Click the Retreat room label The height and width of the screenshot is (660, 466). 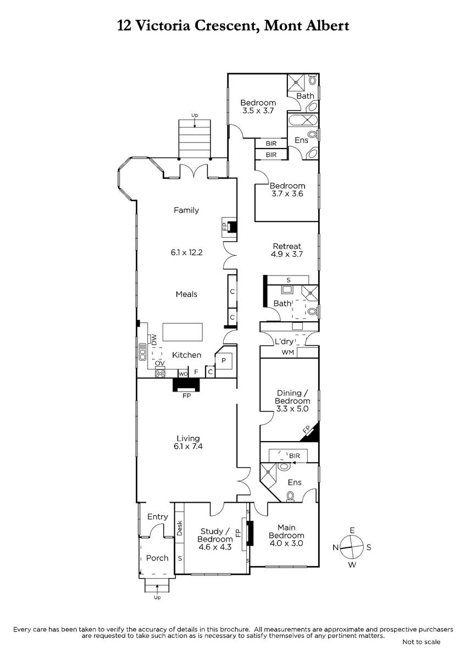pos(287,246)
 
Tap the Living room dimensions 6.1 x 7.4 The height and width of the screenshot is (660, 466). pos(188,446)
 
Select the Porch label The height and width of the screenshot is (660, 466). pos(157,558)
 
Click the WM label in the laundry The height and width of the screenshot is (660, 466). pos(287,352)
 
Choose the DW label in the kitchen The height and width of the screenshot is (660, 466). pos(154,339)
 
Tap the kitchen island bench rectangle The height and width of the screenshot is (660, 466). pos(182,332)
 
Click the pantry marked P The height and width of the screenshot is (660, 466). pos(224,360)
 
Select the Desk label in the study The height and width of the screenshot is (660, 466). pos(180,528)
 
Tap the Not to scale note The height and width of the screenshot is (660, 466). pos(421,642)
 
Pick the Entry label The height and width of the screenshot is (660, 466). pos(158,517)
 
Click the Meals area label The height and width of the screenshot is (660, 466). pos(186,294)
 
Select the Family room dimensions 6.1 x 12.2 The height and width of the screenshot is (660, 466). pos(187,252)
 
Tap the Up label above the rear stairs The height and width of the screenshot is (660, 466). pos(195,115)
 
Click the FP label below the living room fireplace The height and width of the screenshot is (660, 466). pos(187,395)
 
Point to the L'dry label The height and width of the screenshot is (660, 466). pos(284,341)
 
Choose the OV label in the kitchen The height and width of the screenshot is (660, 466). pos(160,364)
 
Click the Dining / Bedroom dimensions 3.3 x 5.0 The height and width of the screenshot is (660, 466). pos(292,409)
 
